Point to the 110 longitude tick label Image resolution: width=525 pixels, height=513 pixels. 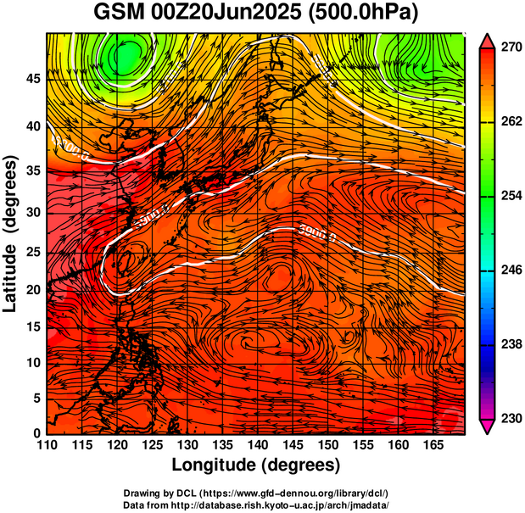47,444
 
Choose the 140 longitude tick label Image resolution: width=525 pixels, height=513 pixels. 257,444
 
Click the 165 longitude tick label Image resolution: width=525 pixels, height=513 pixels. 433,444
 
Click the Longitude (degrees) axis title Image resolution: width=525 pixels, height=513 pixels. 256,465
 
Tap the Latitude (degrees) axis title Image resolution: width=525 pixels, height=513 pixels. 11,233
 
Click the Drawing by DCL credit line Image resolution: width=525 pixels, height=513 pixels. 256,493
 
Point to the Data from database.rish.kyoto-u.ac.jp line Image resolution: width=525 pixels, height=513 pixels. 256,505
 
